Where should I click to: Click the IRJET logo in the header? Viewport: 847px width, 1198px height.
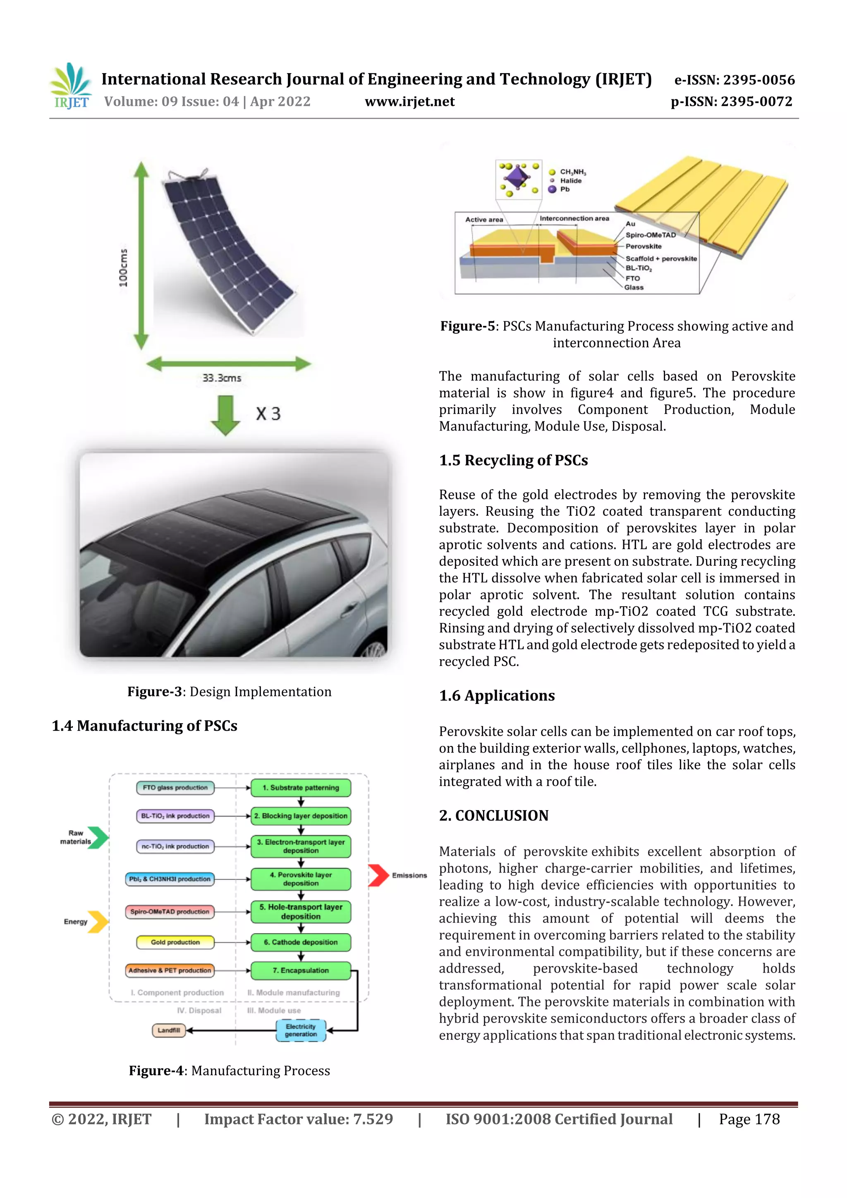coord(71,86)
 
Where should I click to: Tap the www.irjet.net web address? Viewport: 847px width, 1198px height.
coord(410,102)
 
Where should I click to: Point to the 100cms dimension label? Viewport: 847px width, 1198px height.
coord(123,268)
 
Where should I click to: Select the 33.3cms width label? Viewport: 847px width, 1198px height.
coord(222,378)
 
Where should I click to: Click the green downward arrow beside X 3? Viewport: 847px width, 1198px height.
coord(225,415)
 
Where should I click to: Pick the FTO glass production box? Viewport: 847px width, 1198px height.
coord(175,787)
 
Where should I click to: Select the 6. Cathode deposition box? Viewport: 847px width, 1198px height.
coord(301,942)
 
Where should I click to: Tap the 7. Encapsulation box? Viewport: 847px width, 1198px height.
coord(301,970)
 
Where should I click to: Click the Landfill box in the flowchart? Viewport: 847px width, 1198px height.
coord(169,1030)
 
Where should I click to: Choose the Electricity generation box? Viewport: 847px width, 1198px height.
coord(301,1030)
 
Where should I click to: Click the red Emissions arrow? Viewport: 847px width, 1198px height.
coord(378,875)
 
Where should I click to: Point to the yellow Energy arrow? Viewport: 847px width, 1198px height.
coord(98,921)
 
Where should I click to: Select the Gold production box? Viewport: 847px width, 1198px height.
coord(175,942)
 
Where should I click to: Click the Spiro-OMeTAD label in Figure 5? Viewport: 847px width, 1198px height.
coord(650,235)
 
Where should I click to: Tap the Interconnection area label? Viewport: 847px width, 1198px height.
coord(574,219)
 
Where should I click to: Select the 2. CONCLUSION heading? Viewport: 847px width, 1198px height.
coord(494,815)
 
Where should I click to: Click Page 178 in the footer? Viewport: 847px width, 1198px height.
coord(749,1119)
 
